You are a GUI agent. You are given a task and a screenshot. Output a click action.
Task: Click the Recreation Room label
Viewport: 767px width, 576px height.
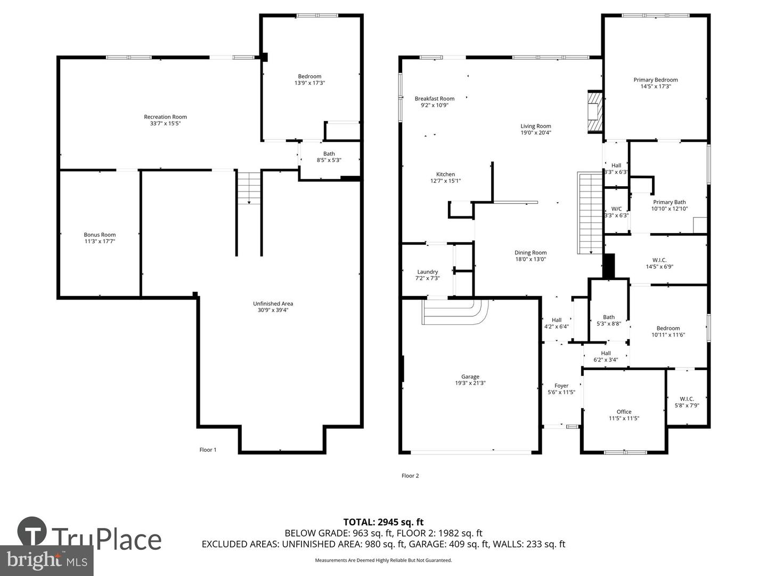[165, 117]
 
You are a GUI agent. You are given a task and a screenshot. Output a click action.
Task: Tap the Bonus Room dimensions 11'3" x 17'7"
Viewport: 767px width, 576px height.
[100, 242]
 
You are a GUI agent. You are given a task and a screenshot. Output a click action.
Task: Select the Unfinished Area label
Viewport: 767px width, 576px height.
[273, 303]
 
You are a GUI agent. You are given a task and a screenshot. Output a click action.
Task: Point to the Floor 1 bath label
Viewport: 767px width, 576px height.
[329, 154]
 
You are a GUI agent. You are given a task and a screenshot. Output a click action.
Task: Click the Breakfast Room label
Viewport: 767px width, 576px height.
[434, 99]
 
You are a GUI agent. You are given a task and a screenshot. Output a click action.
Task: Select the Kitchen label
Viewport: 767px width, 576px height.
[445, 174]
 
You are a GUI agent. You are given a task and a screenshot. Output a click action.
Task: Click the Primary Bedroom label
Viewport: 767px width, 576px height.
[655, 80]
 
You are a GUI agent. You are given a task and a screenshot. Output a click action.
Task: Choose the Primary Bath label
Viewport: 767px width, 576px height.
[669, 202]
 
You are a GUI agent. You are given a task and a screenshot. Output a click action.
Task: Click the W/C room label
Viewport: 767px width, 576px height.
[616, 209]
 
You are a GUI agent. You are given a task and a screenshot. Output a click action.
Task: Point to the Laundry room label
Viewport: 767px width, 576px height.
[427, 271]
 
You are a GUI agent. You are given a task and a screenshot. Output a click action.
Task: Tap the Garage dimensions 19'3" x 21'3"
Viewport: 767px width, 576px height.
[470, 383]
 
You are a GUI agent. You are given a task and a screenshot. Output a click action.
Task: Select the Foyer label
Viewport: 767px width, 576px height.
[561, 386]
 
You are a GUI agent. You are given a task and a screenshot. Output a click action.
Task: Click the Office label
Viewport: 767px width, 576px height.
[624, 412]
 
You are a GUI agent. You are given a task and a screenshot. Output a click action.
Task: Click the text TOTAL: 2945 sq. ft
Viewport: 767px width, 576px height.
[383, 522]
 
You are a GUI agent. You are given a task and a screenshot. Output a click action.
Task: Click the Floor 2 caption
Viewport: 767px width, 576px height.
[410, 476]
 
